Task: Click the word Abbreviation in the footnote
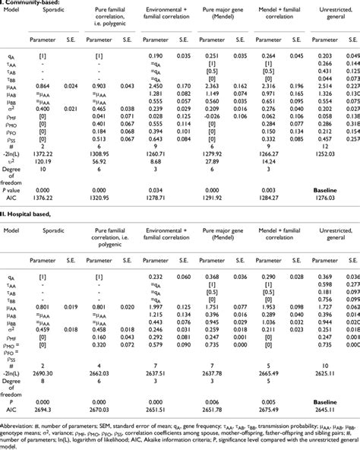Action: pos(20,426)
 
